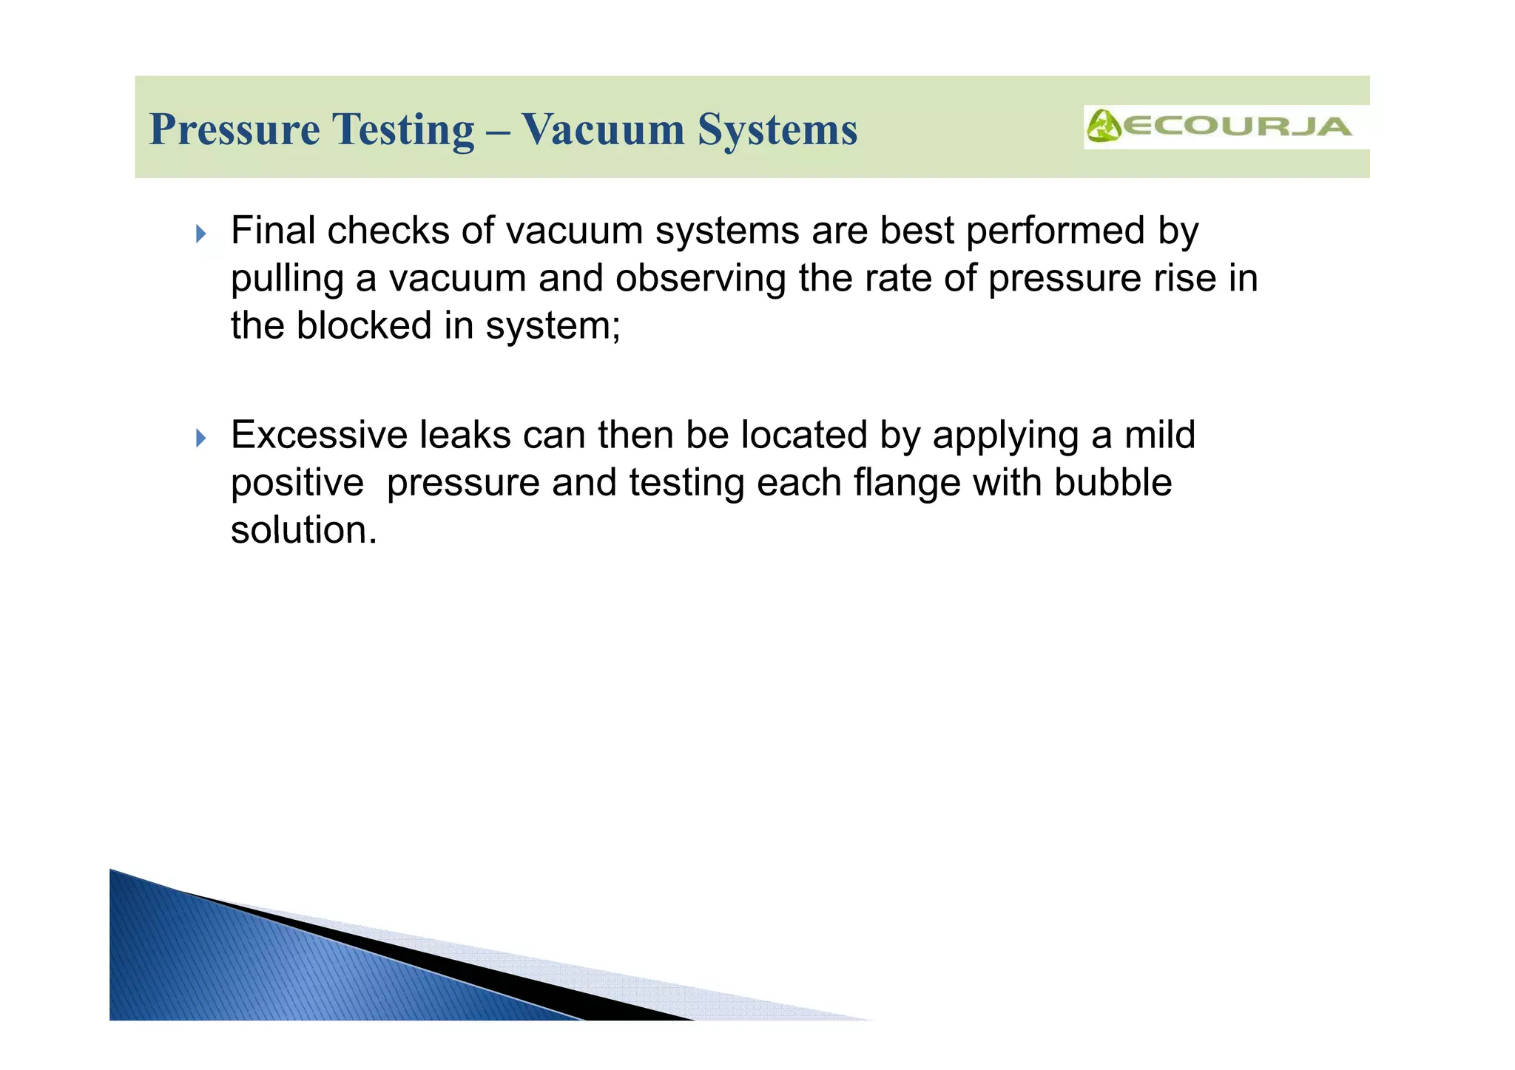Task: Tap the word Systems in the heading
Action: (x=777, y=130)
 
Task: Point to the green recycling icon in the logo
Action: (x=1104, y=126)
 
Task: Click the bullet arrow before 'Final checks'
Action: (x=200, y=234)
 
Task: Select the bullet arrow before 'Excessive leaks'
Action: (x=200, y=439)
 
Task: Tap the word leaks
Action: (x=465, y=435)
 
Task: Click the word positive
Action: (x=297, y=484)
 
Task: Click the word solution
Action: (x=303, y=530)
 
